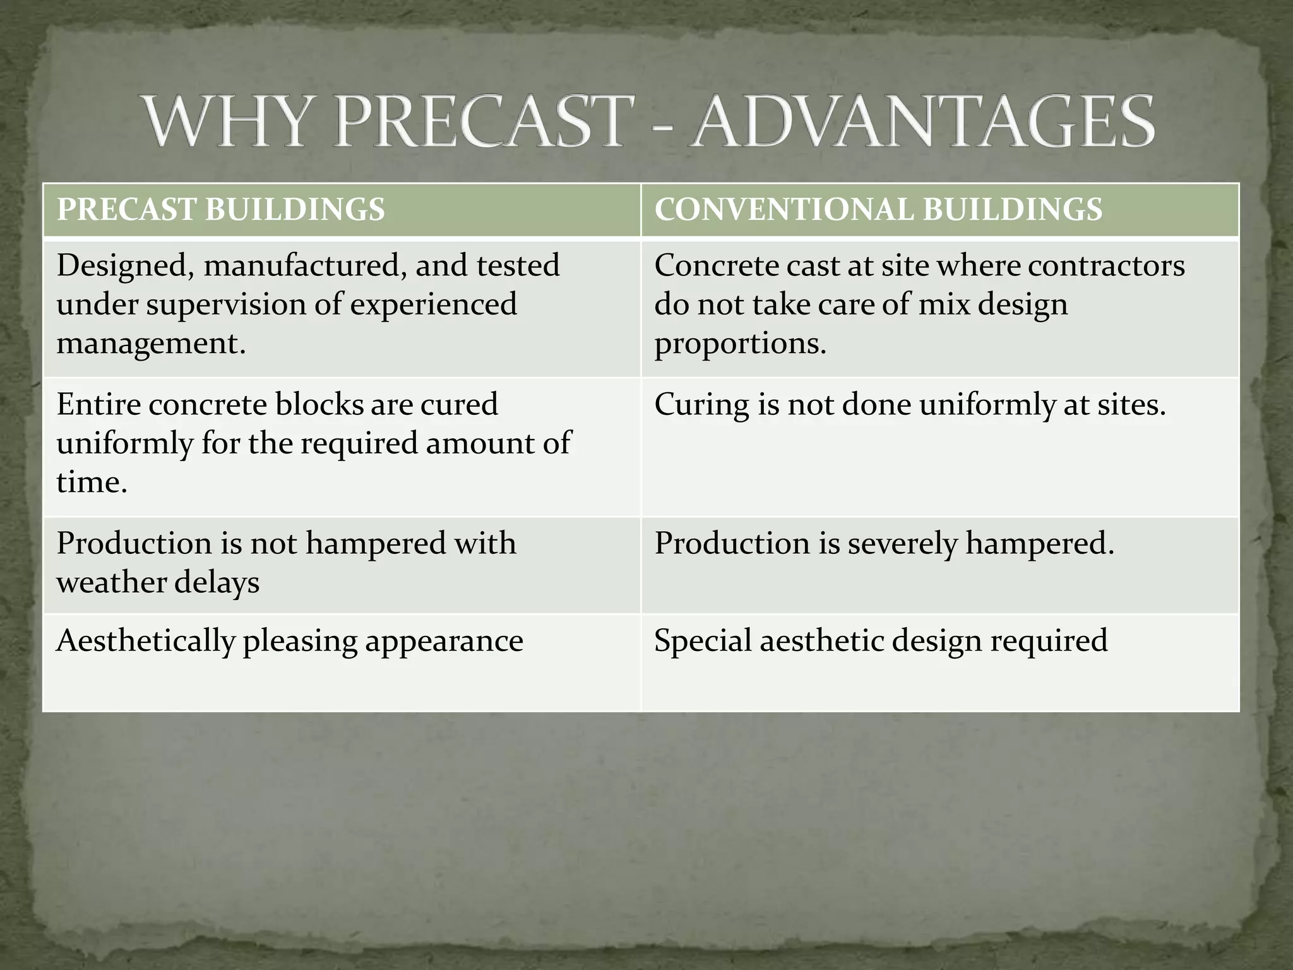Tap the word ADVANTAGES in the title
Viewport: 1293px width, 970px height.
click(921, 122)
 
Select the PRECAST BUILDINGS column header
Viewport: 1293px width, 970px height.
click(220, 210)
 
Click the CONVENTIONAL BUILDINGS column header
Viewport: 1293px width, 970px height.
click(878, 210)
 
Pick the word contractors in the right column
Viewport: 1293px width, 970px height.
click(1105, 265)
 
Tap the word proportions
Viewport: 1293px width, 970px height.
click(739, 344)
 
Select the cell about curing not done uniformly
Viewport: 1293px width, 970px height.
click(909, 405)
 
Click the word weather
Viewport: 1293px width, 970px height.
click(110, 582)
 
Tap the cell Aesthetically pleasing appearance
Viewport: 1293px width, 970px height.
click(289, 641)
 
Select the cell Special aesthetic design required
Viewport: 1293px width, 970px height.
click(880, 641)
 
